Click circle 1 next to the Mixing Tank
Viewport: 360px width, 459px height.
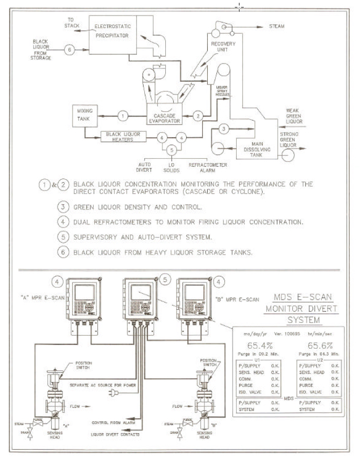point(123,115)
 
